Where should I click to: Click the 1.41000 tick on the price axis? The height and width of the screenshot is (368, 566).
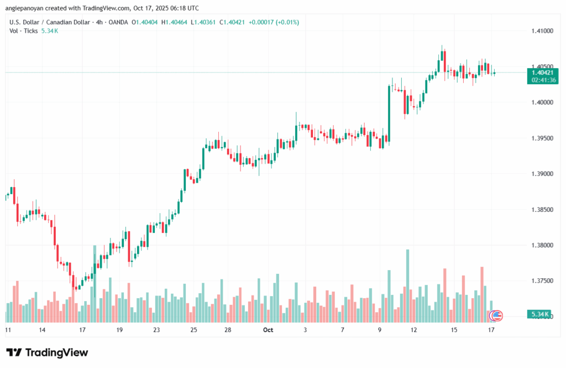pos(542,31)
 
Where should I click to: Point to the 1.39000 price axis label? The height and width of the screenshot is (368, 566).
pos(542,174)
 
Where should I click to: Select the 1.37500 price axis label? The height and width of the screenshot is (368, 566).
pos(542,281)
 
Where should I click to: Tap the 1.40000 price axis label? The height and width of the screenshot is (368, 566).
pos(542,102)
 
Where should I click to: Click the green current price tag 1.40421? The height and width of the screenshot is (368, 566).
pos(542,72)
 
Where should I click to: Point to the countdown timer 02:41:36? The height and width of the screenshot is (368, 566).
pos(542,80)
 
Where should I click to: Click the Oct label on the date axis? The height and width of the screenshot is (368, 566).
pos(268,330)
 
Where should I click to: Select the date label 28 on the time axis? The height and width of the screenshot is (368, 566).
pos(228,330)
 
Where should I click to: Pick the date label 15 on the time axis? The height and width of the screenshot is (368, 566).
pos(454,330)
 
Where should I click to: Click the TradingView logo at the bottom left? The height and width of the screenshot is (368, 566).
pos(47,353)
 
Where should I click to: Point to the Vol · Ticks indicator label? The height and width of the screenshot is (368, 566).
pos(24,30)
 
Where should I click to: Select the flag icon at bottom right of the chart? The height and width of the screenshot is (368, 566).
pos(496,315)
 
